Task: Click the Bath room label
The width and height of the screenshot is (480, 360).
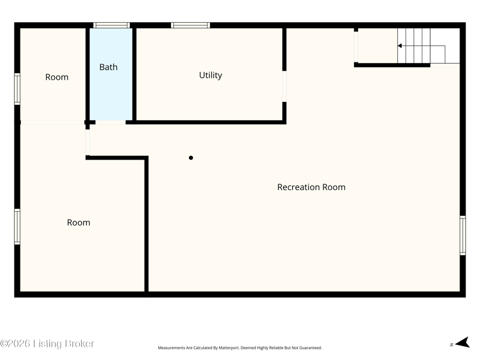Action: click(109, 67)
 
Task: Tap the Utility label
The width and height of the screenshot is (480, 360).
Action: click(211, 76)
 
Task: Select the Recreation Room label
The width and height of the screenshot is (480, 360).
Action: click(311, 187)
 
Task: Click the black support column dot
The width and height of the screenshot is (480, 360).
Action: click(191, 158)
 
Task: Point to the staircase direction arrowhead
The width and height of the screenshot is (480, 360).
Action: click(400, 46)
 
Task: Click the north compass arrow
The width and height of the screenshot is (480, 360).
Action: click(462, 343)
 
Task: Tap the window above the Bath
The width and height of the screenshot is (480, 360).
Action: click(112, 25)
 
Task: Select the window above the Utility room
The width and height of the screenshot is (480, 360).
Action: click(190, 25)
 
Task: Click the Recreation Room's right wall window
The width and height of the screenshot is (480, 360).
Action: click(463, 235)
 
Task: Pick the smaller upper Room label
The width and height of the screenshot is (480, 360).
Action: click(57, 77)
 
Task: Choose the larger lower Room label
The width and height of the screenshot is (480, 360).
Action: click(79, 223)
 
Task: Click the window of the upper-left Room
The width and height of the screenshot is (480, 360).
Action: click(17, 89)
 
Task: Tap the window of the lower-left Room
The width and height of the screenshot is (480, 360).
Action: click(17, 227)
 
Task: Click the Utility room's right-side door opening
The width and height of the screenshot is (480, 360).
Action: click(284, 86)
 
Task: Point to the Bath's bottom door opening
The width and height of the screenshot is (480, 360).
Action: click(110, 122)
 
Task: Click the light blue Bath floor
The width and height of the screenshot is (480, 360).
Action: click(111, 92)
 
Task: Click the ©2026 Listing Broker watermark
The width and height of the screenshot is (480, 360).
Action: click(47, 343)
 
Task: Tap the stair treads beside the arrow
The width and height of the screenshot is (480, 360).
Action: click(414, 46)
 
